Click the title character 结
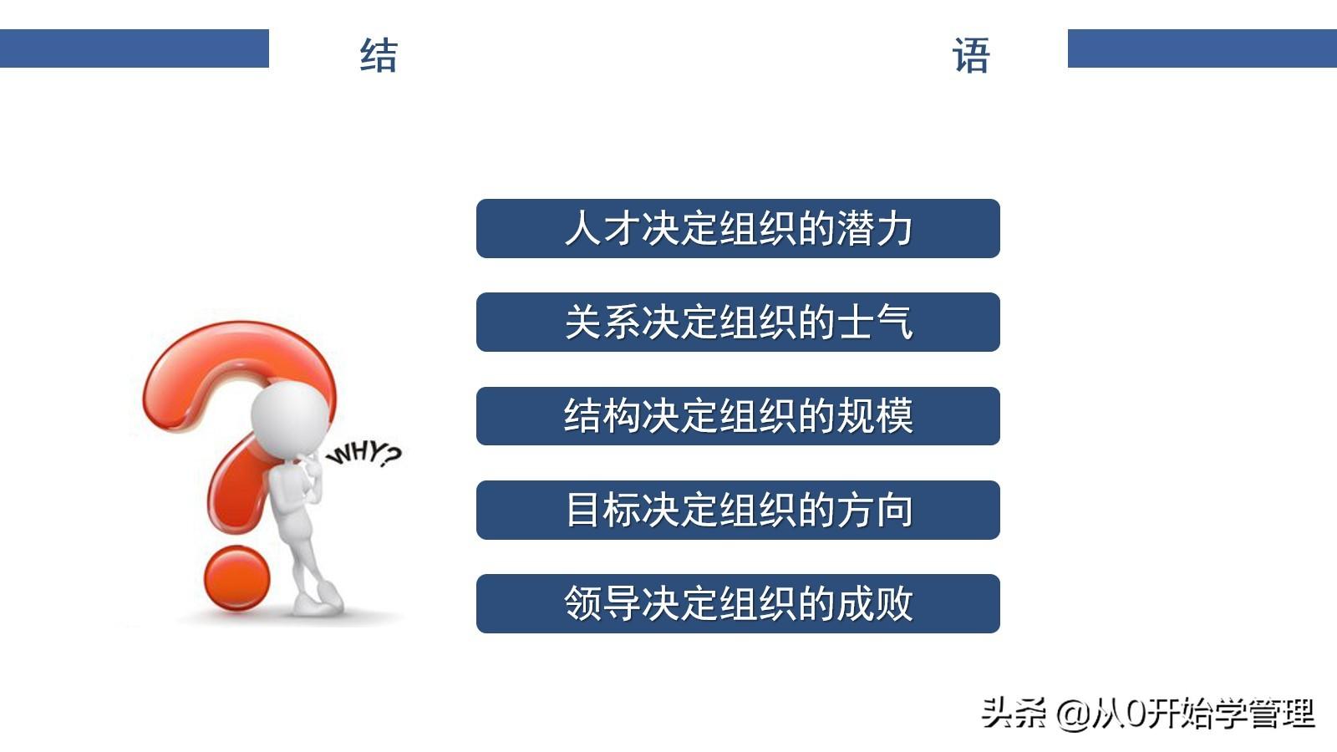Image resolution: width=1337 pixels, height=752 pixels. pyautogui.click(x=379, y=55)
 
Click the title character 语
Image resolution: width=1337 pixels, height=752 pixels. pyautogui.click(x=971, y=55)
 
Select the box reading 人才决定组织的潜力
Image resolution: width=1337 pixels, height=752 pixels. pyautogui.click(x=738, y=229)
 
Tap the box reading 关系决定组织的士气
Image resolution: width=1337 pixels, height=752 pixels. pyautogui.click(x=738, y=323)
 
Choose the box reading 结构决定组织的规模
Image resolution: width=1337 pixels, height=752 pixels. pyautogui.click(x=738, y=416)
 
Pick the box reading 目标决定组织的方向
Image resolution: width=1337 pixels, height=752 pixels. pyautogui.click(x=738, y=511)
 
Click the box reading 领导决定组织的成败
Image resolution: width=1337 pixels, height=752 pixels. pyautogui.click(x=738, y=603)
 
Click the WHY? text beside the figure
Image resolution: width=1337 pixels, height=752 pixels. pyautogui.click(x=364, y=455)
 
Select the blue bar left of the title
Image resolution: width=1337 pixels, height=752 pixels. pyautogui.click(x=135, y=48)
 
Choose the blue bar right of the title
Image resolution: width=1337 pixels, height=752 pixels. pyautogui.click(x=1202, y=48)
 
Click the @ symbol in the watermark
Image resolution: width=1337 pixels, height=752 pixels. pyautogui.click(x=1073, y=714)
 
